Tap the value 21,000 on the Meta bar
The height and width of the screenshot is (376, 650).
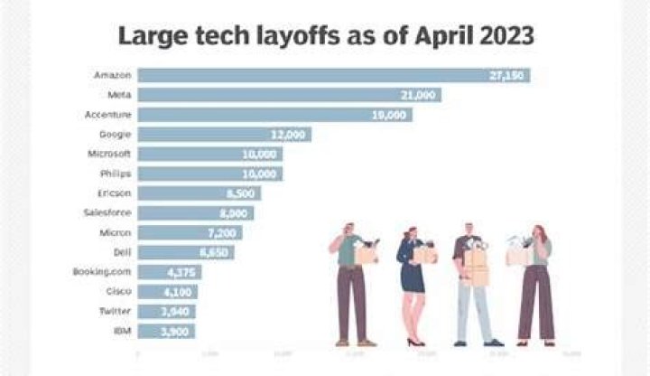coord(418,95)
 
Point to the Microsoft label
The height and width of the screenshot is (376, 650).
coord(110,154)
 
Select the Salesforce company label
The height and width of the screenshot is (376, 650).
coord(109,212)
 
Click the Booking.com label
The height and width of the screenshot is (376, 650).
coord(104,272)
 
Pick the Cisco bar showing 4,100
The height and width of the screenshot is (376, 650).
coord(167,292)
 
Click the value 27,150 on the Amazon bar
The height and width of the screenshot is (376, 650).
coord(506,75)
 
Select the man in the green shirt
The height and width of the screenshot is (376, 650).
coord(352,285)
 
